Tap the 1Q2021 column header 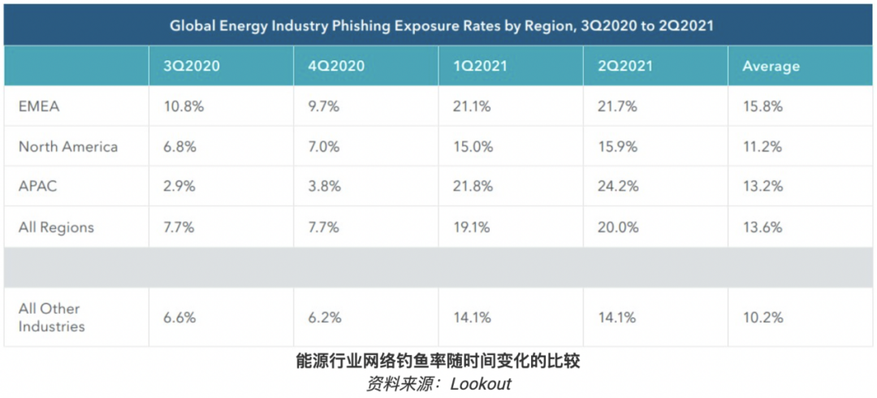tap(479, 67)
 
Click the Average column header tap(771, 67)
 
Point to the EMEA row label tap(39, 106)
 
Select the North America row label tap(68, 147)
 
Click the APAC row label tap(38, 187)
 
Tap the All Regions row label tap(56, 227)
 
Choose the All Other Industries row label tap(51, 318)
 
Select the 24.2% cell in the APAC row tap(616, 187)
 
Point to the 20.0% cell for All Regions tap(616, 227)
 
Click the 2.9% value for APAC tap(178, 187)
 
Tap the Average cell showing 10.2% tap(763, 318)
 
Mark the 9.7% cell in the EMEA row tap(322, 106)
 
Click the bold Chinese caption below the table tap(438, 361)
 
